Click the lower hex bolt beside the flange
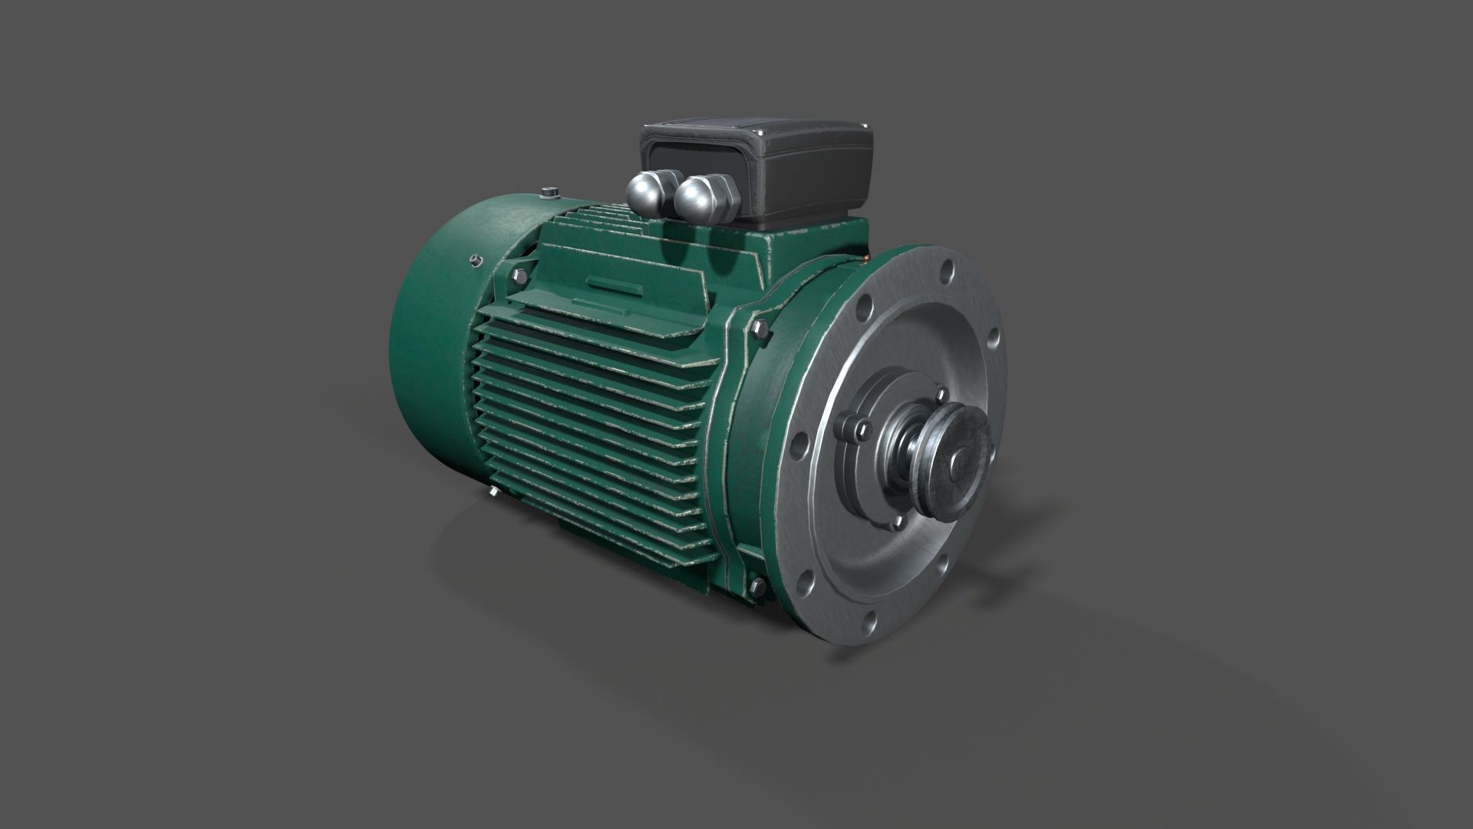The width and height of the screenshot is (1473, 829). (755, 587)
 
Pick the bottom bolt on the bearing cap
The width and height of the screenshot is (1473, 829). (898, 523)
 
